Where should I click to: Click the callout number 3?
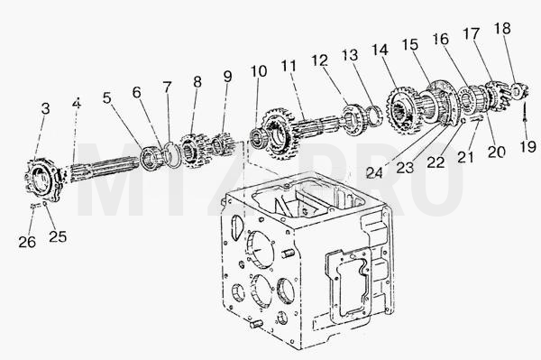click(x=46, y=109)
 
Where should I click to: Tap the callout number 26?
click(x=27, y=242)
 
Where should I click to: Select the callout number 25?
click(x=58, y=236)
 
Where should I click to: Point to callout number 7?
click(x=168, y=88)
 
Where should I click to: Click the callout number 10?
click(x=259, y=71)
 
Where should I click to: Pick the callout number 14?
click(x=381, y=51)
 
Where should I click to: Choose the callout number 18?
click(x=502, y=29)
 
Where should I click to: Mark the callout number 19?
click(x=527, y=147)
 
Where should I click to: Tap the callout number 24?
click(x=375, y=172)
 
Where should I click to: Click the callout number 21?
click(x=466, y=157)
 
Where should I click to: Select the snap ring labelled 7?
click(x=173, y=154)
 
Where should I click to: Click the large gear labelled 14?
click(x=403, y=110)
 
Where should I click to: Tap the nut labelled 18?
click(x=518, y=91)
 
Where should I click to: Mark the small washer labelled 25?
click(x=45, y=204)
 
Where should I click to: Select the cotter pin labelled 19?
click(x=525, y=111)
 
